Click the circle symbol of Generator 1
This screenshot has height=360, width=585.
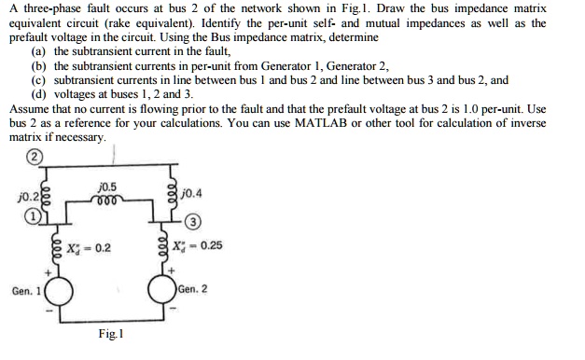[62, 290]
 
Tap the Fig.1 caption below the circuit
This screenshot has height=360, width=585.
[110, 333]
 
